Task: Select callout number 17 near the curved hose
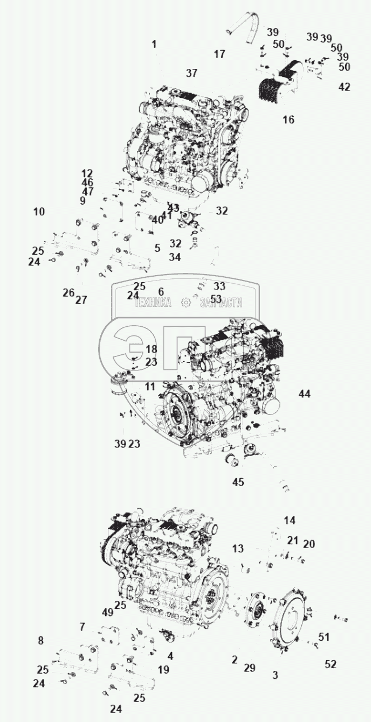(219, 54)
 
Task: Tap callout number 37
(192, 73)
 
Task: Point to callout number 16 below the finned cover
(288, 120)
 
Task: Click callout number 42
(344, 87)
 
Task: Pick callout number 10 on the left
(39, 212)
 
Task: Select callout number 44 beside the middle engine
(305, 394)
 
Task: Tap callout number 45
(238, 482)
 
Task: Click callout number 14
(290, 521)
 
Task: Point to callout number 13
(238, 549)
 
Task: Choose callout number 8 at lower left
(40, 641)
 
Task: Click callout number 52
(331, 664)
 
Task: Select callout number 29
(249, 668)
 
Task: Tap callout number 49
(107, 612)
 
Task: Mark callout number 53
(216, 298)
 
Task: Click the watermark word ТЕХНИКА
(153, 303)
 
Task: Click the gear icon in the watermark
(186, 303)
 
